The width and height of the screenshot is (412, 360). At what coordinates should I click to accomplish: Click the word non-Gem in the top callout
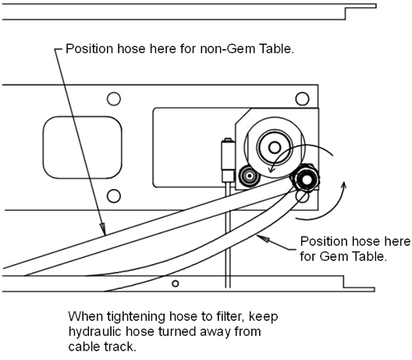227,49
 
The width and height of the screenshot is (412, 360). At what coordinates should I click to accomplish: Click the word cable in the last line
83,347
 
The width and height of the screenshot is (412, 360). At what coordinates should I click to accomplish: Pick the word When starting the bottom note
86,316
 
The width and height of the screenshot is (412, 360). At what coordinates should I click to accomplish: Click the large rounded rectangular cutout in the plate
82,148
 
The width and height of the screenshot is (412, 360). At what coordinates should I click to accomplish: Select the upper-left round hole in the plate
114,99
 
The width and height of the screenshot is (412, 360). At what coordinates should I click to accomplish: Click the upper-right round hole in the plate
302,98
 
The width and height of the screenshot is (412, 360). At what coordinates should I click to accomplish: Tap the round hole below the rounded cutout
114,196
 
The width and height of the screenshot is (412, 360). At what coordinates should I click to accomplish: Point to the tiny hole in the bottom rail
176,283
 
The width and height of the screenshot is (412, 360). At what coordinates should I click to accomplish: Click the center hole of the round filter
275,148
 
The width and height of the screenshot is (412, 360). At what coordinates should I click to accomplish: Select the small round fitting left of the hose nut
249,175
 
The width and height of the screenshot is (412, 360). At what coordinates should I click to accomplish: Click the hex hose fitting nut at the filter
305,180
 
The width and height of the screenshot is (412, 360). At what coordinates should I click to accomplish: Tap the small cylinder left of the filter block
228,160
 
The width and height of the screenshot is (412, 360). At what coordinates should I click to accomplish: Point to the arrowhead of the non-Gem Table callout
103,229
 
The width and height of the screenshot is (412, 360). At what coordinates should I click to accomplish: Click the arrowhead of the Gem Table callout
263,238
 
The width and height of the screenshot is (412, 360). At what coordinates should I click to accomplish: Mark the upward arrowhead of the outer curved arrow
344,186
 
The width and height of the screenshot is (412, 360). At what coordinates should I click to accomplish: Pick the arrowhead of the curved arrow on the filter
272,169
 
